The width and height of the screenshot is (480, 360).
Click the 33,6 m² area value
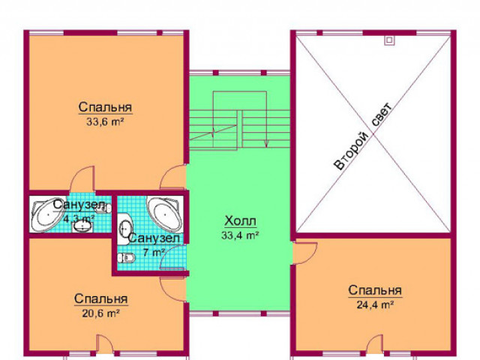(x=105, y=122)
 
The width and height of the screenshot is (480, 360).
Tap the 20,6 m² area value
(x=100, y=313)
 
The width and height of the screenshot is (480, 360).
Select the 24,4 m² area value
(x=375, y=304)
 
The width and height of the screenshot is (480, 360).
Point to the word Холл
(x=240, y=220)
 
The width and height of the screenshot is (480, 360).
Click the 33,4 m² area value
(x=240, y=235)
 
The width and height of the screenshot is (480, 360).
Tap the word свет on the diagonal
(x=382, y=115)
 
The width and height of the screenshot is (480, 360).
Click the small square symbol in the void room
(x=389, y=40)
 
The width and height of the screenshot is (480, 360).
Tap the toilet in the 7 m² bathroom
(x=126, y=258)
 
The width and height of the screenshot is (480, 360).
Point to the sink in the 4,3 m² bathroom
(x=82, y=226)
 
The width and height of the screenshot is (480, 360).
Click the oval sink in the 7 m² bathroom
(x=125, y=229)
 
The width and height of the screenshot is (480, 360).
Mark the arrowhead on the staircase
(x=266, y=143)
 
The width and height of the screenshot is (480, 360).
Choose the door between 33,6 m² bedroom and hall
(x=173, y=176)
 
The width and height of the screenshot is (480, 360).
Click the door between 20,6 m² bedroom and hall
(x=173, y=289)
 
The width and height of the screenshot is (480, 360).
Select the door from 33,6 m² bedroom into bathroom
(x=82, y=178)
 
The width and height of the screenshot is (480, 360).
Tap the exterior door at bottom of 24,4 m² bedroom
(x=375, y=345)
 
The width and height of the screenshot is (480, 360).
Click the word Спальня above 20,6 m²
(x=100, y=298)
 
